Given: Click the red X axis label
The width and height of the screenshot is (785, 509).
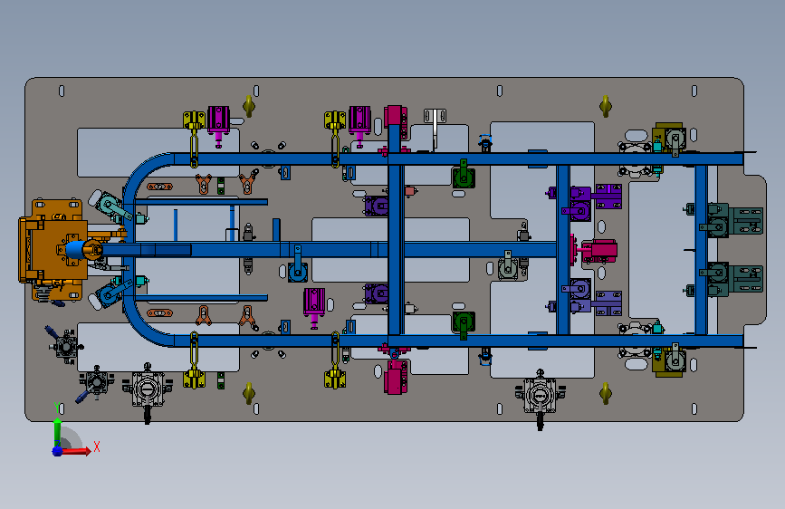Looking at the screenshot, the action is pyautogui.click(x=97, y=447).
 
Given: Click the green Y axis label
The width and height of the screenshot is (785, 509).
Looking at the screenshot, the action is pyautogui.click(x=58, y=408).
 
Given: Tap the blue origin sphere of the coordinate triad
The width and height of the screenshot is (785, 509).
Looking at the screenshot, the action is pyautogui.click(x=57, y=451).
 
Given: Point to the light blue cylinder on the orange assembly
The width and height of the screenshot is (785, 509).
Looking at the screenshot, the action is pyautogui.click(x=75, y=249).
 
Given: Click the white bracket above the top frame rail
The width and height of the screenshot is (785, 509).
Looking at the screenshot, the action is pyautogui.click(x=435, y=125).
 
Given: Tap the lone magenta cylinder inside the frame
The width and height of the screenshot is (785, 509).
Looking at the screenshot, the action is pyautogui.click(x=314, y=306).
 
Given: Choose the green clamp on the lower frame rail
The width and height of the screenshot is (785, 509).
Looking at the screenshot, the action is pyautogui.click(x=464, y=324).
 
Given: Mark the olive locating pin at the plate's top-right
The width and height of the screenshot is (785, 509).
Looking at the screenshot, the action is pyautogui.click(x=606, y=106).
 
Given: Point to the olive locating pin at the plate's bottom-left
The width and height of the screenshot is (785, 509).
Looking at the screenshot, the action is pyautogui.click(x=249, y=393).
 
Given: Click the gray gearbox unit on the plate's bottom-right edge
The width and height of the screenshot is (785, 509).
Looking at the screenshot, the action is pyautogui.click(x=540, y=397).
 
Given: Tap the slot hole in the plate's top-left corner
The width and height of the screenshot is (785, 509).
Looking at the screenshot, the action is pyautogui.click(x=62, y=91).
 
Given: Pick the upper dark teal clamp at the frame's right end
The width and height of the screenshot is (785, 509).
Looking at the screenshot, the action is pyautogui.click(x=732, y=220).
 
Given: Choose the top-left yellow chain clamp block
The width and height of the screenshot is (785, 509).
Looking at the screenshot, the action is pyautogui.click(x=194, y=120).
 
